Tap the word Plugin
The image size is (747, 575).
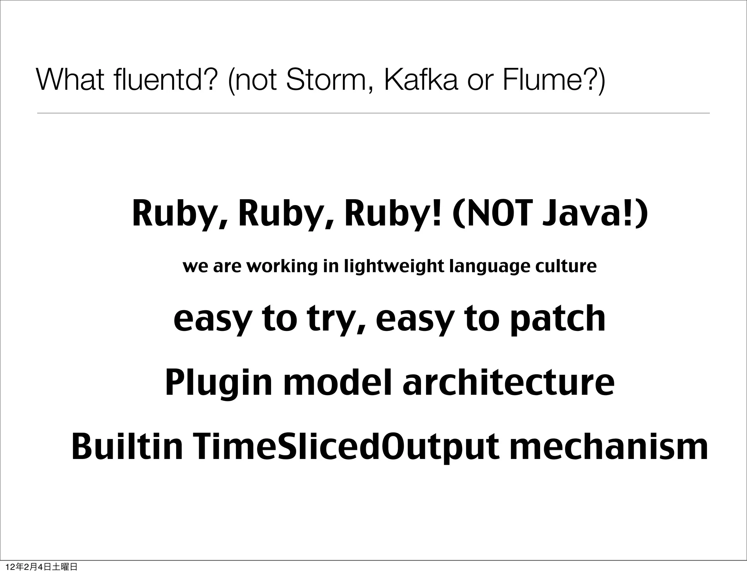(218, 383)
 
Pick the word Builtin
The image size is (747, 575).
(127, 447)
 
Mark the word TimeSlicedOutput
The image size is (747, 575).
(347, 447)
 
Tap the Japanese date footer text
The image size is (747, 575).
(42, 567)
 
